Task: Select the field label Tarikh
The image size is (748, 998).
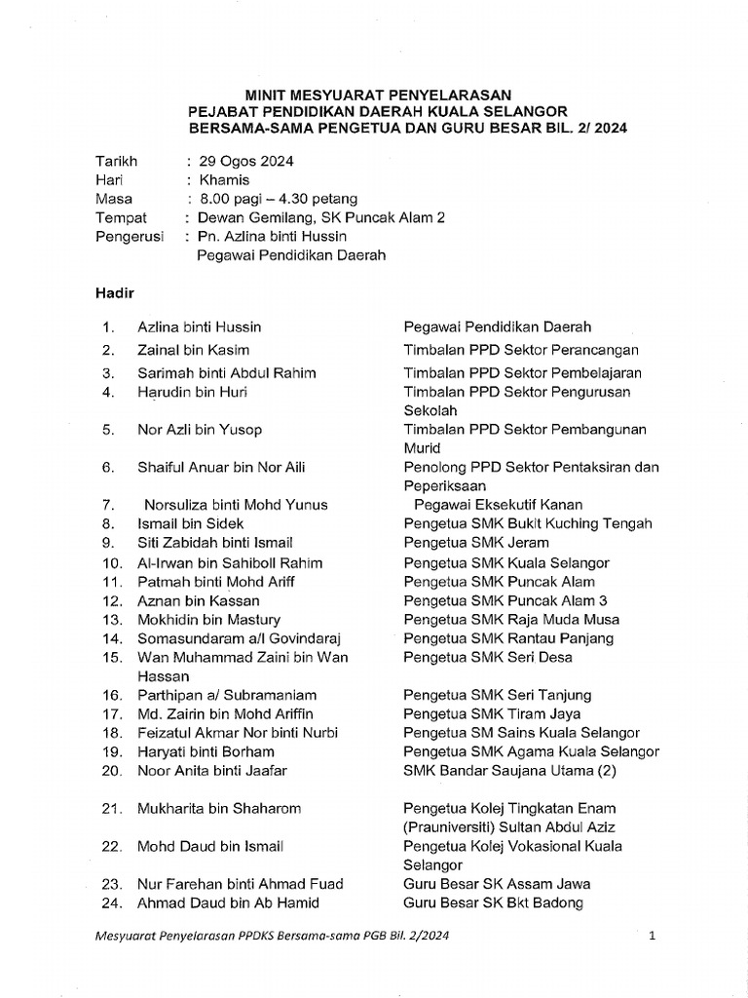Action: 116,161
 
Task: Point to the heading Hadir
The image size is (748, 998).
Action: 113,292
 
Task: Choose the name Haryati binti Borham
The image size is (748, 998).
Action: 206,751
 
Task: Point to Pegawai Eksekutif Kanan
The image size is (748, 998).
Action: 499,504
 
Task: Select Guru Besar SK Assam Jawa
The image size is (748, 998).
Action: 497,884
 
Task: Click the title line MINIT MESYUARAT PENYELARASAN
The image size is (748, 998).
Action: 377,95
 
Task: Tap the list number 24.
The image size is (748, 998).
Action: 109,902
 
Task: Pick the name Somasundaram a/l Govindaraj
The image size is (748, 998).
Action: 229,638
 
